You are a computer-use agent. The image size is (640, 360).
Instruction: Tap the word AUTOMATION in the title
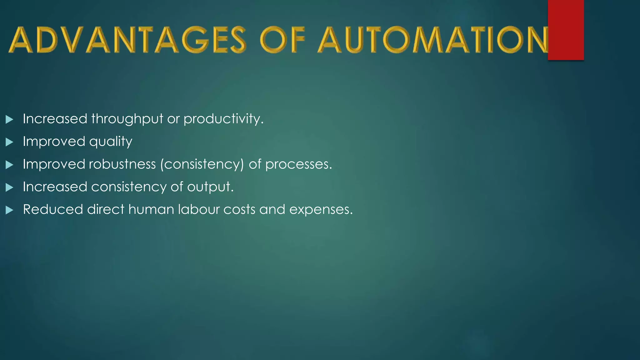pos(433,40)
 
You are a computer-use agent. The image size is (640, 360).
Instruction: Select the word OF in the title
pos(282,40)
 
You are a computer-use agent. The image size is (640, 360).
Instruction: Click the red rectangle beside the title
pos(566,30)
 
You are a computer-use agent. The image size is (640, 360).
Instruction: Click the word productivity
pos(223,119)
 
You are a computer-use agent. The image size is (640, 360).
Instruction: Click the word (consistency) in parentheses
pos(202,164)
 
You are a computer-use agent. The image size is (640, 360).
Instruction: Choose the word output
pos(210,187)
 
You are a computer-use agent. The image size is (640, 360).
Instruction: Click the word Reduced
pos(53,209)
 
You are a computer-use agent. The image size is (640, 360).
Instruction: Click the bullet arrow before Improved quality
pos(9,142)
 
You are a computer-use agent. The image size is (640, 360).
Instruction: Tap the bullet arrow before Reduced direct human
pos(9,210)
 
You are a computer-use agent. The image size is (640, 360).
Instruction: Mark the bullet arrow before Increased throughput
pos(9,119)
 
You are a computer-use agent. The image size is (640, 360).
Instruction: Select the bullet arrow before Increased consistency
pos(9,187)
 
